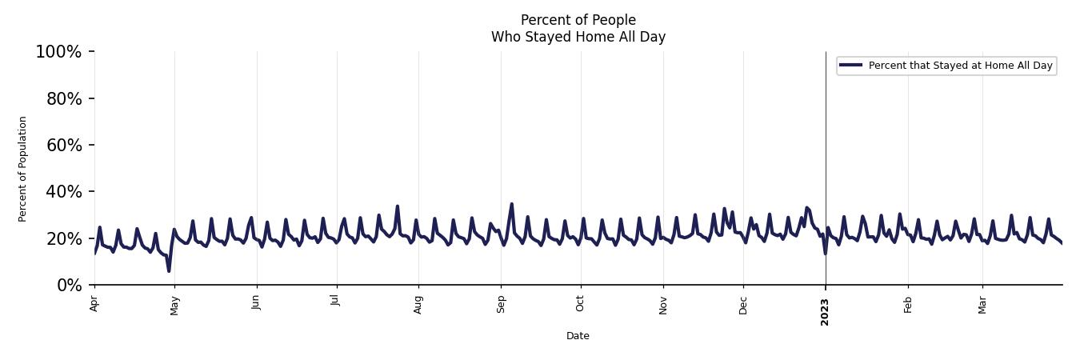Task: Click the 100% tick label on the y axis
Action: tap(58, 52)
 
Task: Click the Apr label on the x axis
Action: tap(94, 303)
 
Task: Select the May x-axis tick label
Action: tap(174, 305)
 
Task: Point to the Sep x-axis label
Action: tap(501, 303)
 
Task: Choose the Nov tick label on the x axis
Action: tap(662, 304)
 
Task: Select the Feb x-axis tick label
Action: tap(907, 303)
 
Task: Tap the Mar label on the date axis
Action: tap(982, 304)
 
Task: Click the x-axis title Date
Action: tap(578, 336)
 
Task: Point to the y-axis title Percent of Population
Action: tap(23, 169)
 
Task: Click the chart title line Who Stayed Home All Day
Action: tap(578, 37)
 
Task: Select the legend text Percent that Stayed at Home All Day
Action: tap(960, 66)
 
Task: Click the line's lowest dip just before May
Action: tap(169, 270)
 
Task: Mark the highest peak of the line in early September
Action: tap(511, 204)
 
